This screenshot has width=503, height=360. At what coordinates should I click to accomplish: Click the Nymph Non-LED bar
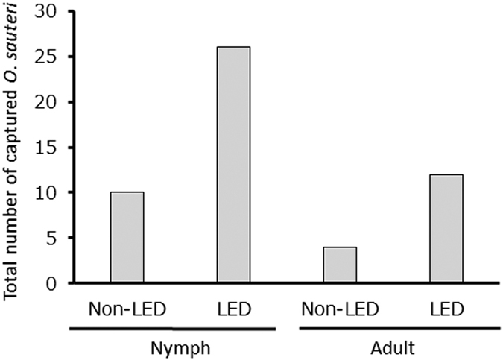point(127,238)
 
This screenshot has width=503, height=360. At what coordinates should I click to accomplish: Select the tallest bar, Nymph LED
point(233,165)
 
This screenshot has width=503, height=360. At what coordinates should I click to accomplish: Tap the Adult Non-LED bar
point(339,265)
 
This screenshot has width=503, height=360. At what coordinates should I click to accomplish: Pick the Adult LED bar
point(446,229)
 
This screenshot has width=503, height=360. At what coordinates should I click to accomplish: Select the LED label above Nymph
point(233,308)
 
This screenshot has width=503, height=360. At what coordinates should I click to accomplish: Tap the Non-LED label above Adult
point(339,308)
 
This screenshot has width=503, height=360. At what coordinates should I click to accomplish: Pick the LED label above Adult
point(446,308)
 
